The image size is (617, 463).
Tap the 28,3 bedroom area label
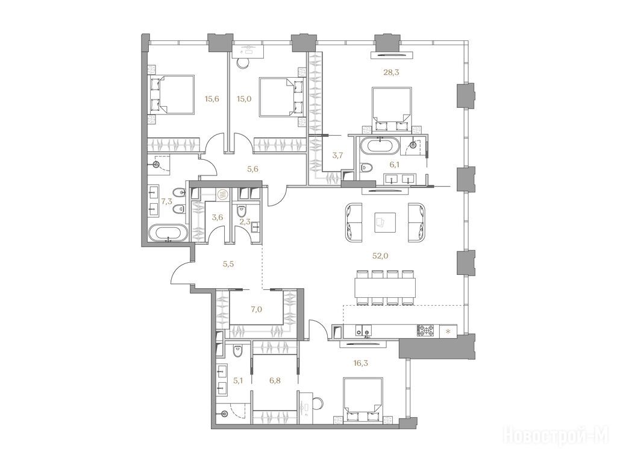(x=391, y=72)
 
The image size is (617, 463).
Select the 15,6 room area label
(x=211, y=99)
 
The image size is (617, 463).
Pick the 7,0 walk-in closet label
(x=256, y=310)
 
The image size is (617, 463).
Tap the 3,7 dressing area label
(x=337, y=156)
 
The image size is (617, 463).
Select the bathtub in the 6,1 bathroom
(x=380, y=146)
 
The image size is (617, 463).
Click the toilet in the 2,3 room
(x=240, y=211)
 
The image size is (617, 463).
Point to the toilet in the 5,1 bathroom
(x=237, y=351)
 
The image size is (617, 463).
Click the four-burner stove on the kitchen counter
(x=426, y=330)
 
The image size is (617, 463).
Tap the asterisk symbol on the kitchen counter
(x=448, y=331)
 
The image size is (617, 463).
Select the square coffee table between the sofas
(x=385, y=223)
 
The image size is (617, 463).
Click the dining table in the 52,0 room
(x=385, y=288)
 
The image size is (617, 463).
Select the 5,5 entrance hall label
(x=228, y=264)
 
